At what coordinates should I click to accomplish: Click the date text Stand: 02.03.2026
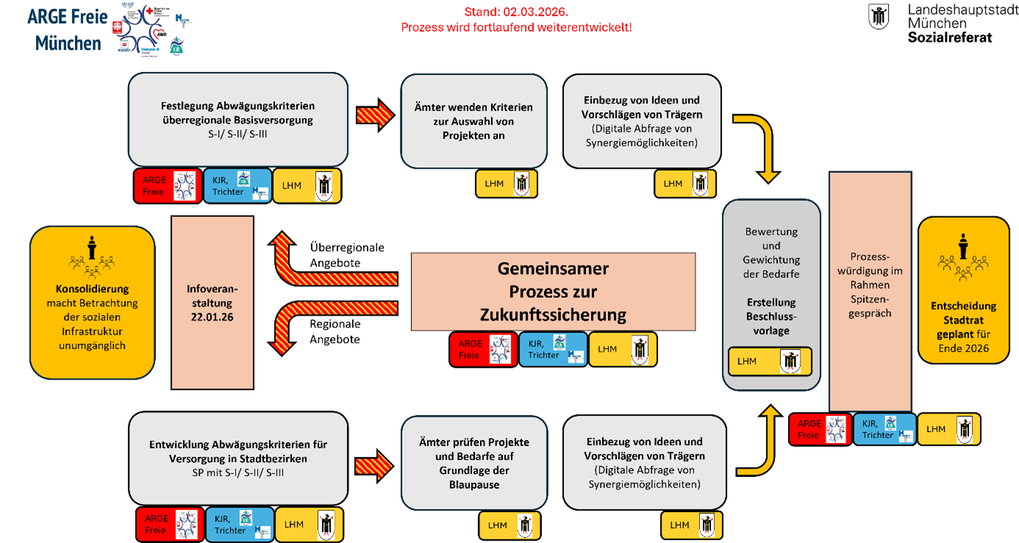coord(515,13)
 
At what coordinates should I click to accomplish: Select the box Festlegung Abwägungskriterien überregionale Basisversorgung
coord(237,119)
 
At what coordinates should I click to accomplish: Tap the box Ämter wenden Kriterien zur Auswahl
coord(474,121)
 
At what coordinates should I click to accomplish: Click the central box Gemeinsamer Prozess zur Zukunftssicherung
coord(553,291)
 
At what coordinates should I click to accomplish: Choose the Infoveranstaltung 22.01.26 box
coord(212,302)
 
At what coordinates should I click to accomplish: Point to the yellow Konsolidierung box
coord(93,302)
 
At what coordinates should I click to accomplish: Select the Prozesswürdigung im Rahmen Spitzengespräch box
coord(870,291)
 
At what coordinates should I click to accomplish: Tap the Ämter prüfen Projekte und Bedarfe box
coord(474,463)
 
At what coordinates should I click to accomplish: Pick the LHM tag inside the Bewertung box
coord(770,361)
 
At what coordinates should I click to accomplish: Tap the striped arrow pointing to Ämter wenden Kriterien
coord(375,115)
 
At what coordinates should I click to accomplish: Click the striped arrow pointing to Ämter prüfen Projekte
coord(375,465)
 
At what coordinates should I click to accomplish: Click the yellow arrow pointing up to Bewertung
coord(763,441)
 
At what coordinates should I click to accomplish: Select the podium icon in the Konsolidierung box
coord(91,247)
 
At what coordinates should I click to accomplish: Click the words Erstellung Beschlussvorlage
coord(771,316)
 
